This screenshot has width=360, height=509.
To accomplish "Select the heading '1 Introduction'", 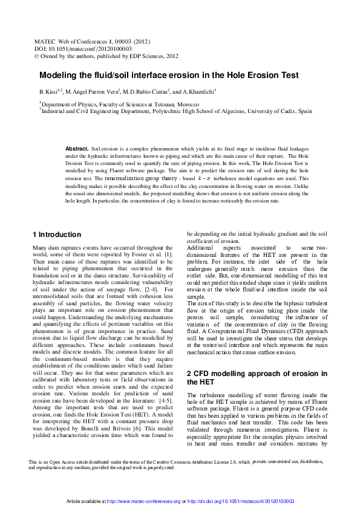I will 56,235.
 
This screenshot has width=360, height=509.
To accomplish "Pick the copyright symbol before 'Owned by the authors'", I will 36,56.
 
